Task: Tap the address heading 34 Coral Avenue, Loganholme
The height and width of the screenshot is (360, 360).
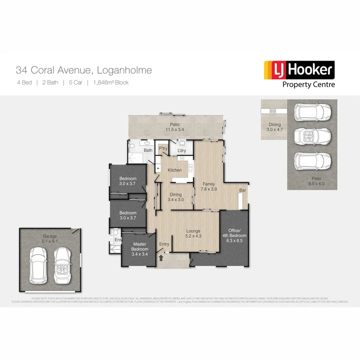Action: pos(84,71)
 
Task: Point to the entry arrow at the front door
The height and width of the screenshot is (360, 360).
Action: pos(161,258)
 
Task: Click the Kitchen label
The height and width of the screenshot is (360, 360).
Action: pos(174,170)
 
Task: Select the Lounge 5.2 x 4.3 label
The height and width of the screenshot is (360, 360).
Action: pos(193,233)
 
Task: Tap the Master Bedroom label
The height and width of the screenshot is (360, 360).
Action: pos(140,247)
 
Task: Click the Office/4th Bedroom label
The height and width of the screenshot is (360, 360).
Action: pos(234,233)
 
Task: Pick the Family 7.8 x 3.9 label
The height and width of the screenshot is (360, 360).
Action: pos(208,186)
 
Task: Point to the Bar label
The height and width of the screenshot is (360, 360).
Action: pos(242,190)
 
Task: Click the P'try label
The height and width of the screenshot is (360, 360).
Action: pos(163,149)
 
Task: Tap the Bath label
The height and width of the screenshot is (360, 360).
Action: pos(148,150)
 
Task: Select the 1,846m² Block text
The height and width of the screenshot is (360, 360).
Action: pos(111,83)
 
